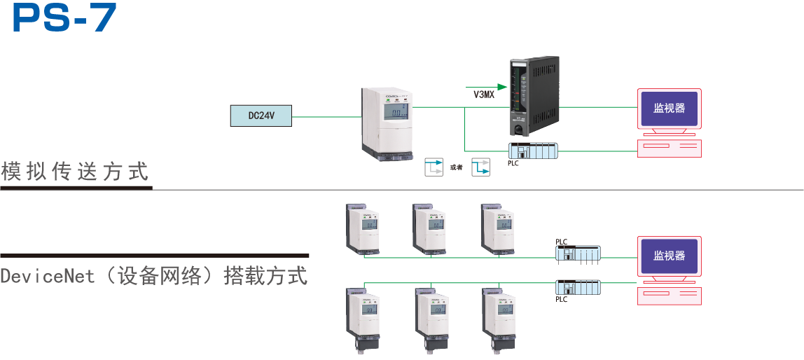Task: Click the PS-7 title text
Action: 64,18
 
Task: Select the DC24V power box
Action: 261,116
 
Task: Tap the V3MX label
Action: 483,94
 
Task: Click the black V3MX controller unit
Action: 534,97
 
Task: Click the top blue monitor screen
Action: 669,109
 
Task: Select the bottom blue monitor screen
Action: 669,256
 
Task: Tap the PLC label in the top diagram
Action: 513,164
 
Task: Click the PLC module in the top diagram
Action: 533,150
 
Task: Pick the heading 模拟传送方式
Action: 75,172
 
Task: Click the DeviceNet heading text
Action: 154,276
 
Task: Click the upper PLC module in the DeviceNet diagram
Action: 578,253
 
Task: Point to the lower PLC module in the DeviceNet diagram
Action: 578,286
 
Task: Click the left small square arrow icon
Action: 434,167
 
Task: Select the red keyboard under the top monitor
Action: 669,148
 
